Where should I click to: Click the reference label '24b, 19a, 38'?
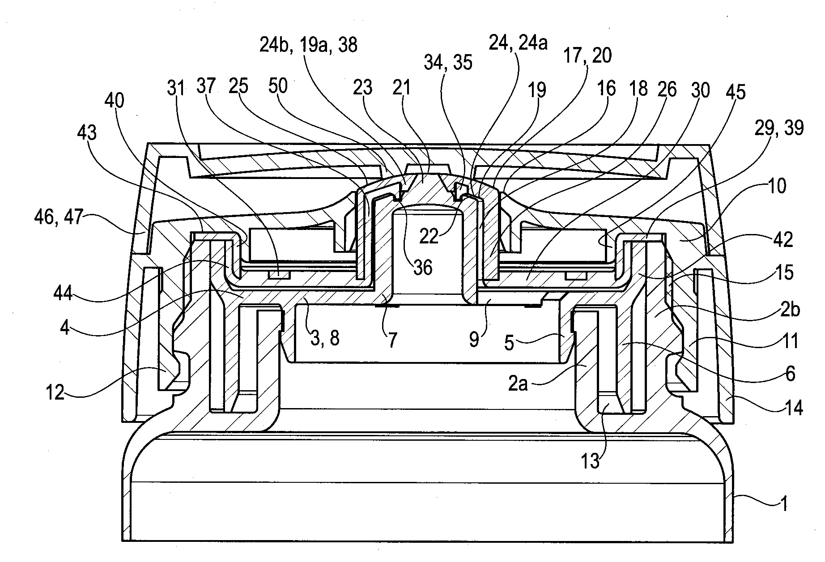tap(309, 45)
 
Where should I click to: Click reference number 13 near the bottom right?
tap(590, 461)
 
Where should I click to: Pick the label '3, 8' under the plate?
tap(325, 338)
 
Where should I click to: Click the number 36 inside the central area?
tap(423, 268)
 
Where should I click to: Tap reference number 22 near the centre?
tap(429, 236)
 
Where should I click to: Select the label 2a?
tap(518, 384)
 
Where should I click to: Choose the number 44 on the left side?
tap(64, 294)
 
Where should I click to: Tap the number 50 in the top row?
tap(278, 85)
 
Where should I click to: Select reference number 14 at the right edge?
tap(794, 408)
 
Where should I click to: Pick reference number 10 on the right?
tap(777, 186)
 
